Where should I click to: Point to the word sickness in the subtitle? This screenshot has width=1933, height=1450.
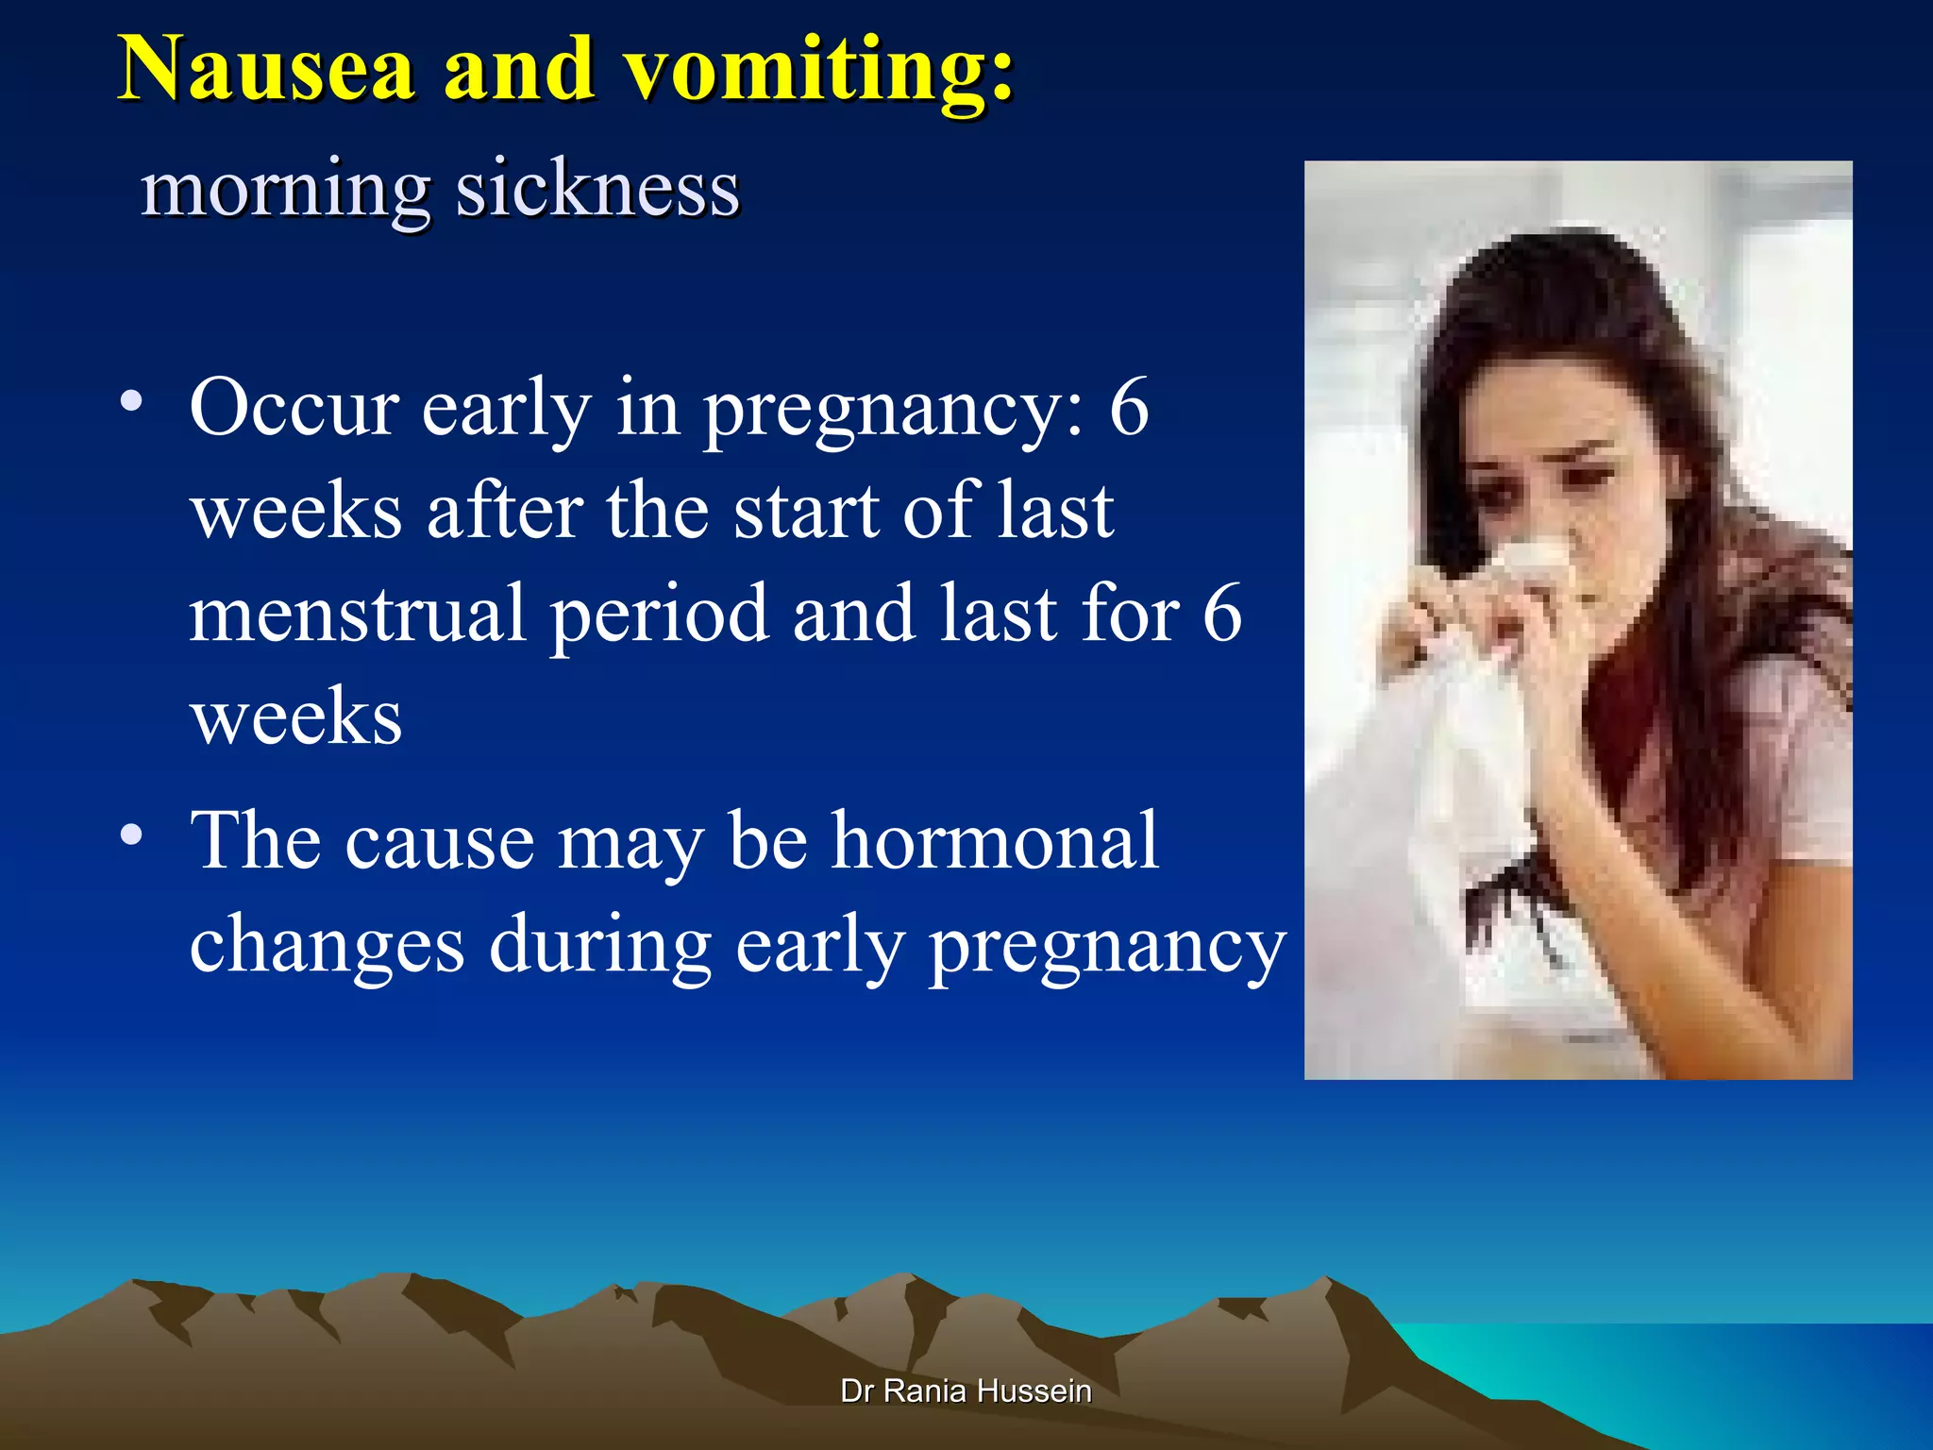597,189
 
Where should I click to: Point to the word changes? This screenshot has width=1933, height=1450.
327,946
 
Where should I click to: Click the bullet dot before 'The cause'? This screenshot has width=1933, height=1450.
131,835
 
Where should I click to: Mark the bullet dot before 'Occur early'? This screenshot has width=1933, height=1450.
131,402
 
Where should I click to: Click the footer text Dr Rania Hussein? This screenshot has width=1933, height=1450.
966,1391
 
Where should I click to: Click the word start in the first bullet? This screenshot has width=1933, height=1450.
804,512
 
